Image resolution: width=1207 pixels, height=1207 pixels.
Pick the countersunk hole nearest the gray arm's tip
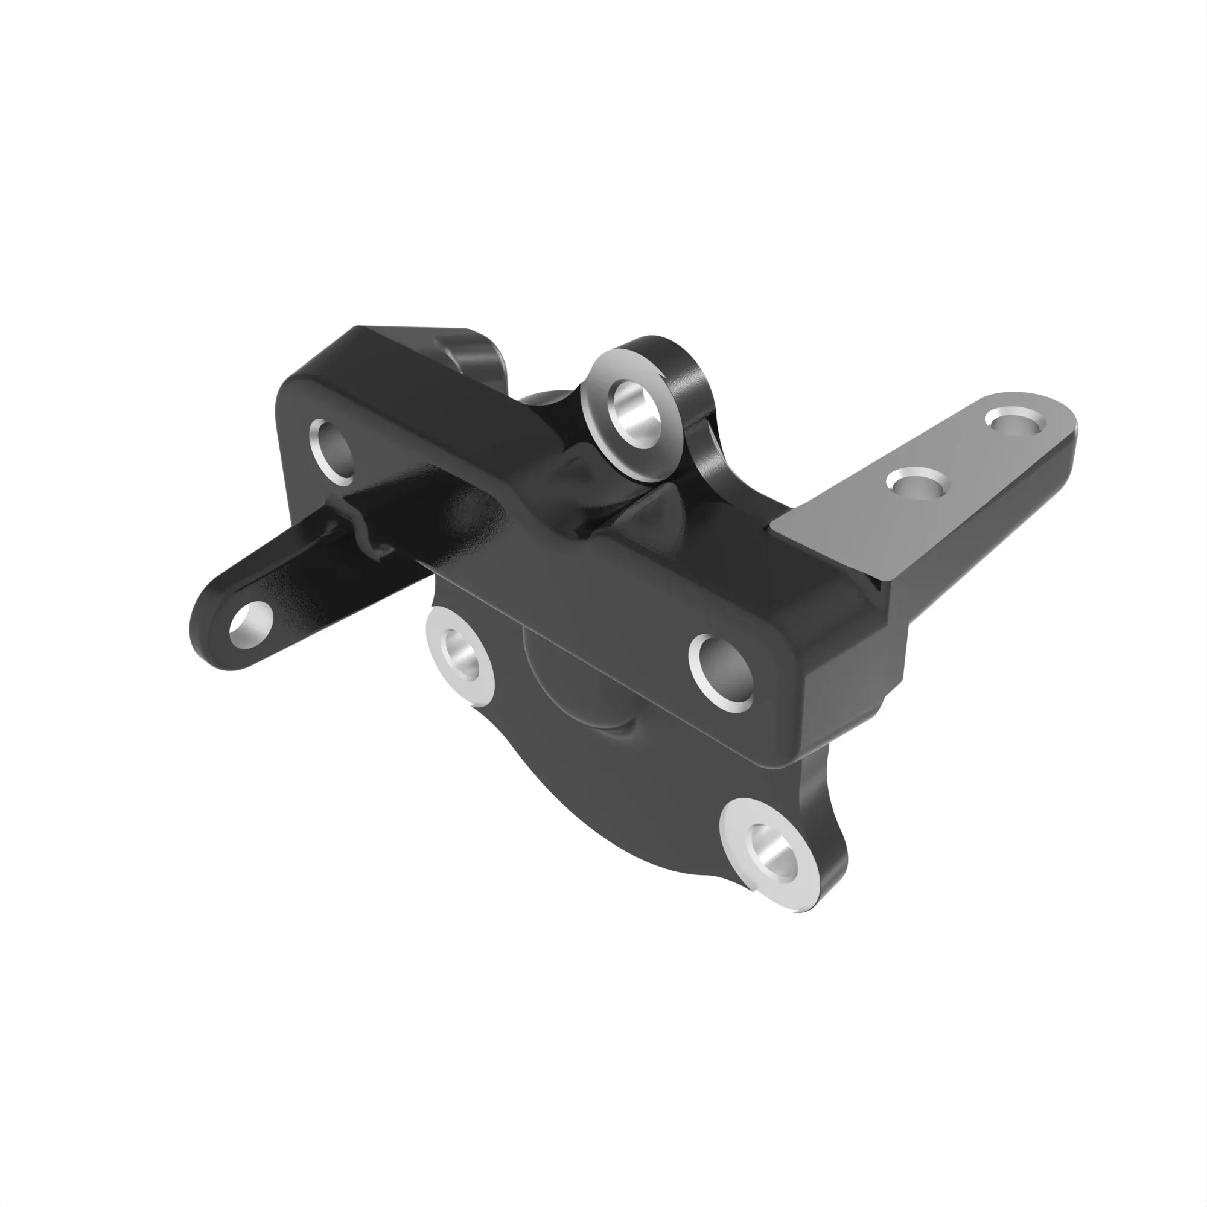point(1012,421)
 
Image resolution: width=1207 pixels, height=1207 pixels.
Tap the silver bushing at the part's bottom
point(768,853)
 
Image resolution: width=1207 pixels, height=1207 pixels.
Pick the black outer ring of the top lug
point(687,387)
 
